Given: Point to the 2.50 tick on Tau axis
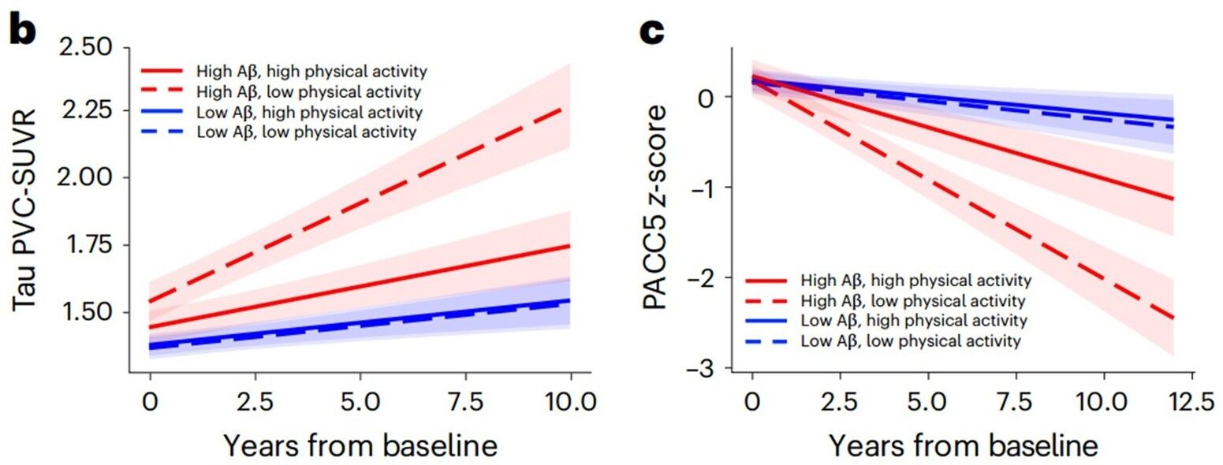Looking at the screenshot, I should [x=89, y=48].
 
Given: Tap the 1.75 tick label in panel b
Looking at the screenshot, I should [x=89, y=245].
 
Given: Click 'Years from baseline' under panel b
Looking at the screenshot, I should [x=360, y=446].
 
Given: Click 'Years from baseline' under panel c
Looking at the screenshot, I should [x=963, y=446].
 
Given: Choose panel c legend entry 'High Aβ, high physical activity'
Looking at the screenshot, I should [x=915, y=280].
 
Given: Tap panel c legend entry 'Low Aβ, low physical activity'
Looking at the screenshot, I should [x=911, y=341].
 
